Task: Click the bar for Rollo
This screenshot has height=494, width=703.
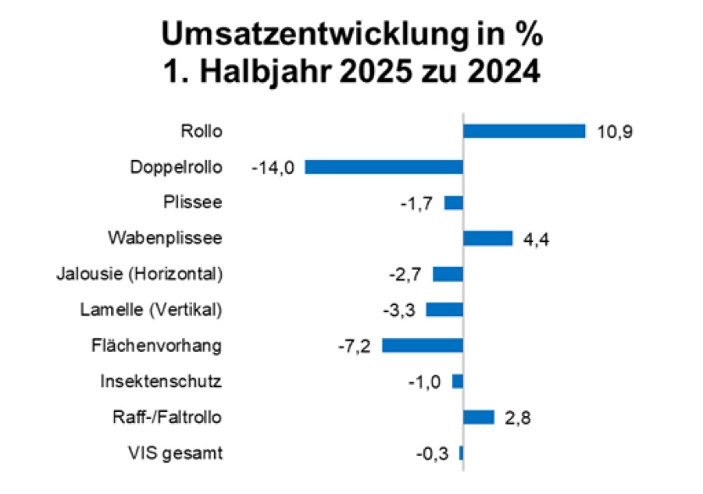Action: coord(524,131)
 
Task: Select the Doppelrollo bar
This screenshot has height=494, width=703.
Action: coord(384,167)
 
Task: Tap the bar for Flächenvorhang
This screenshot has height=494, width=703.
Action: coord(423,346)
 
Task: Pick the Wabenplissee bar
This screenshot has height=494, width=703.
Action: coord(488,238)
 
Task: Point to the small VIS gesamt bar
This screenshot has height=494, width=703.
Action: coord(462,453)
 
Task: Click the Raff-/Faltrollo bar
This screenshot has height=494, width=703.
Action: coord(479,417)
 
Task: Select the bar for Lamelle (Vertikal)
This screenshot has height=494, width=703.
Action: coord(444,310)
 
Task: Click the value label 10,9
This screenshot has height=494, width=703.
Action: coord(612,131)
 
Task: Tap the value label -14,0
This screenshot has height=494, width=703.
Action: coord(273,167)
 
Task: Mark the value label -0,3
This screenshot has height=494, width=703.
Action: coord(433,453)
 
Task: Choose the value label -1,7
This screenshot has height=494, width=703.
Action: coord(418,203)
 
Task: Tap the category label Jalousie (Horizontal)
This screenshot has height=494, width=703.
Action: coord(140,274)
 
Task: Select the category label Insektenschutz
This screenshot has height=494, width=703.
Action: coord(161,382)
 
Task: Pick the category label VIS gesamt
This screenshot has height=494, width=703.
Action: coord(175,453)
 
